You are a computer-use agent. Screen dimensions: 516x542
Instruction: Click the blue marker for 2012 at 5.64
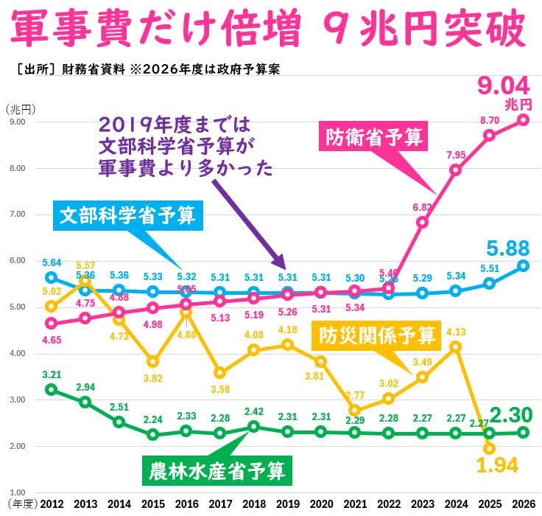click(x=51, y=277)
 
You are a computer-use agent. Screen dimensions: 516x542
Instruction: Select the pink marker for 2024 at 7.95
click(x=456, y=170)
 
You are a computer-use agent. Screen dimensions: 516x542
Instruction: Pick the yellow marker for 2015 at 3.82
click(x=152, y=361)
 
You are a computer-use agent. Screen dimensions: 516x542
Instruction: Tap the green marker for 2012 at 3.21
click(x=51, y=389)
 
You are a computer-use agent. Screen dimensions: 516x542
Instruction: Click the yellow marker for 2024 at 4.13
click(x=456, y=346)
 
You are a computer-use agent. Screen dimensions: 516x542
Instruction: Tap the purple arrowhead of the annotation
click(x=282, y=266)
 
